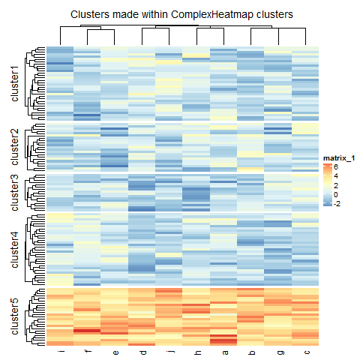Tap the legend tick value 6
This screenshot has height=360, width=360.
(337, 167)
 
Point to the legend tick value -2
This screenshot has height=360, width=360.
(338, 203)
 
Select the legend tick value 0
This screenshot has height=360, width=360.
(337, 194)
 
